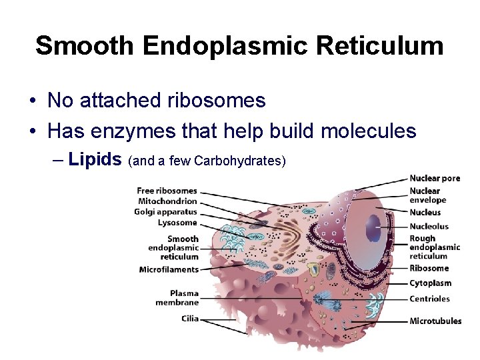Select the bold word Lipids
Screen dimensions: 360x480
pos(95,159)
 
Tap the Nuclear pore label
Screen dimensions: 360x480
pos(435,178)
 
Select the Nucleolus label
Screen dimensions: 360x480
pos(429,226)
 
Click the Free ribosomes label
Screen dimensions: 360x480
pos(167,191)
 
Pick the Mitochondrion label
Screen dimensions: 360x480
pos(167,201)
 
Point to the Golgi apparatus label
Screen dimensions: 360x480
pos(165,212)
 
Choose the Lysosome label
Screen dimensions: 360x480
pos(177,223)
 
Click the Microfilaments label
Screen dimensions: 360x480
pos(169,269)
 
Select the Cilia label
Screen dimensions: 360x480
pos(190,319)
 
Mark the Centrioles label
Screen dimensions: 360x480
pos(429,299)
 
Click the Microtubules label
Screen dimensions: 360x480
pos(435,321)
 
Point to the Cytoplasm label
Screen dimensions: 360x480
pos(430,283)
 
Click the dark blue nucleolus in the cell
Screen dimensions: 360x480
pos(371,229)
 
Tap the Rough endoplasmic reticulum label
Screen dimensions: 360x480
pos(434,247)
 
